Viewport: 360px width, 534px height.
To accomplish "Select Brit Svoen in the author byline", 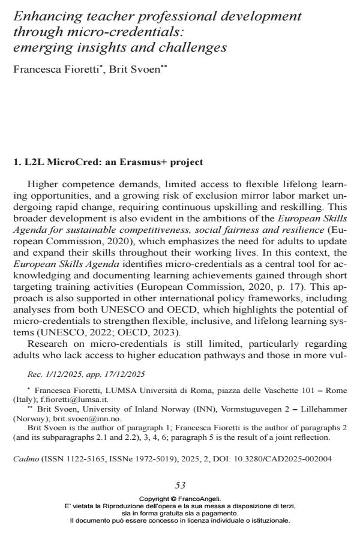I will pos(130,70).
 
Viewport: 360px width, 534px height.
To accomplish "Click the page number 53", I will pos(180,485).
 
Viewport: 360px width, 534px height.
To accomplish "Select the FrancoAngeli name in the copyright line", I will pos(202,499).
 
